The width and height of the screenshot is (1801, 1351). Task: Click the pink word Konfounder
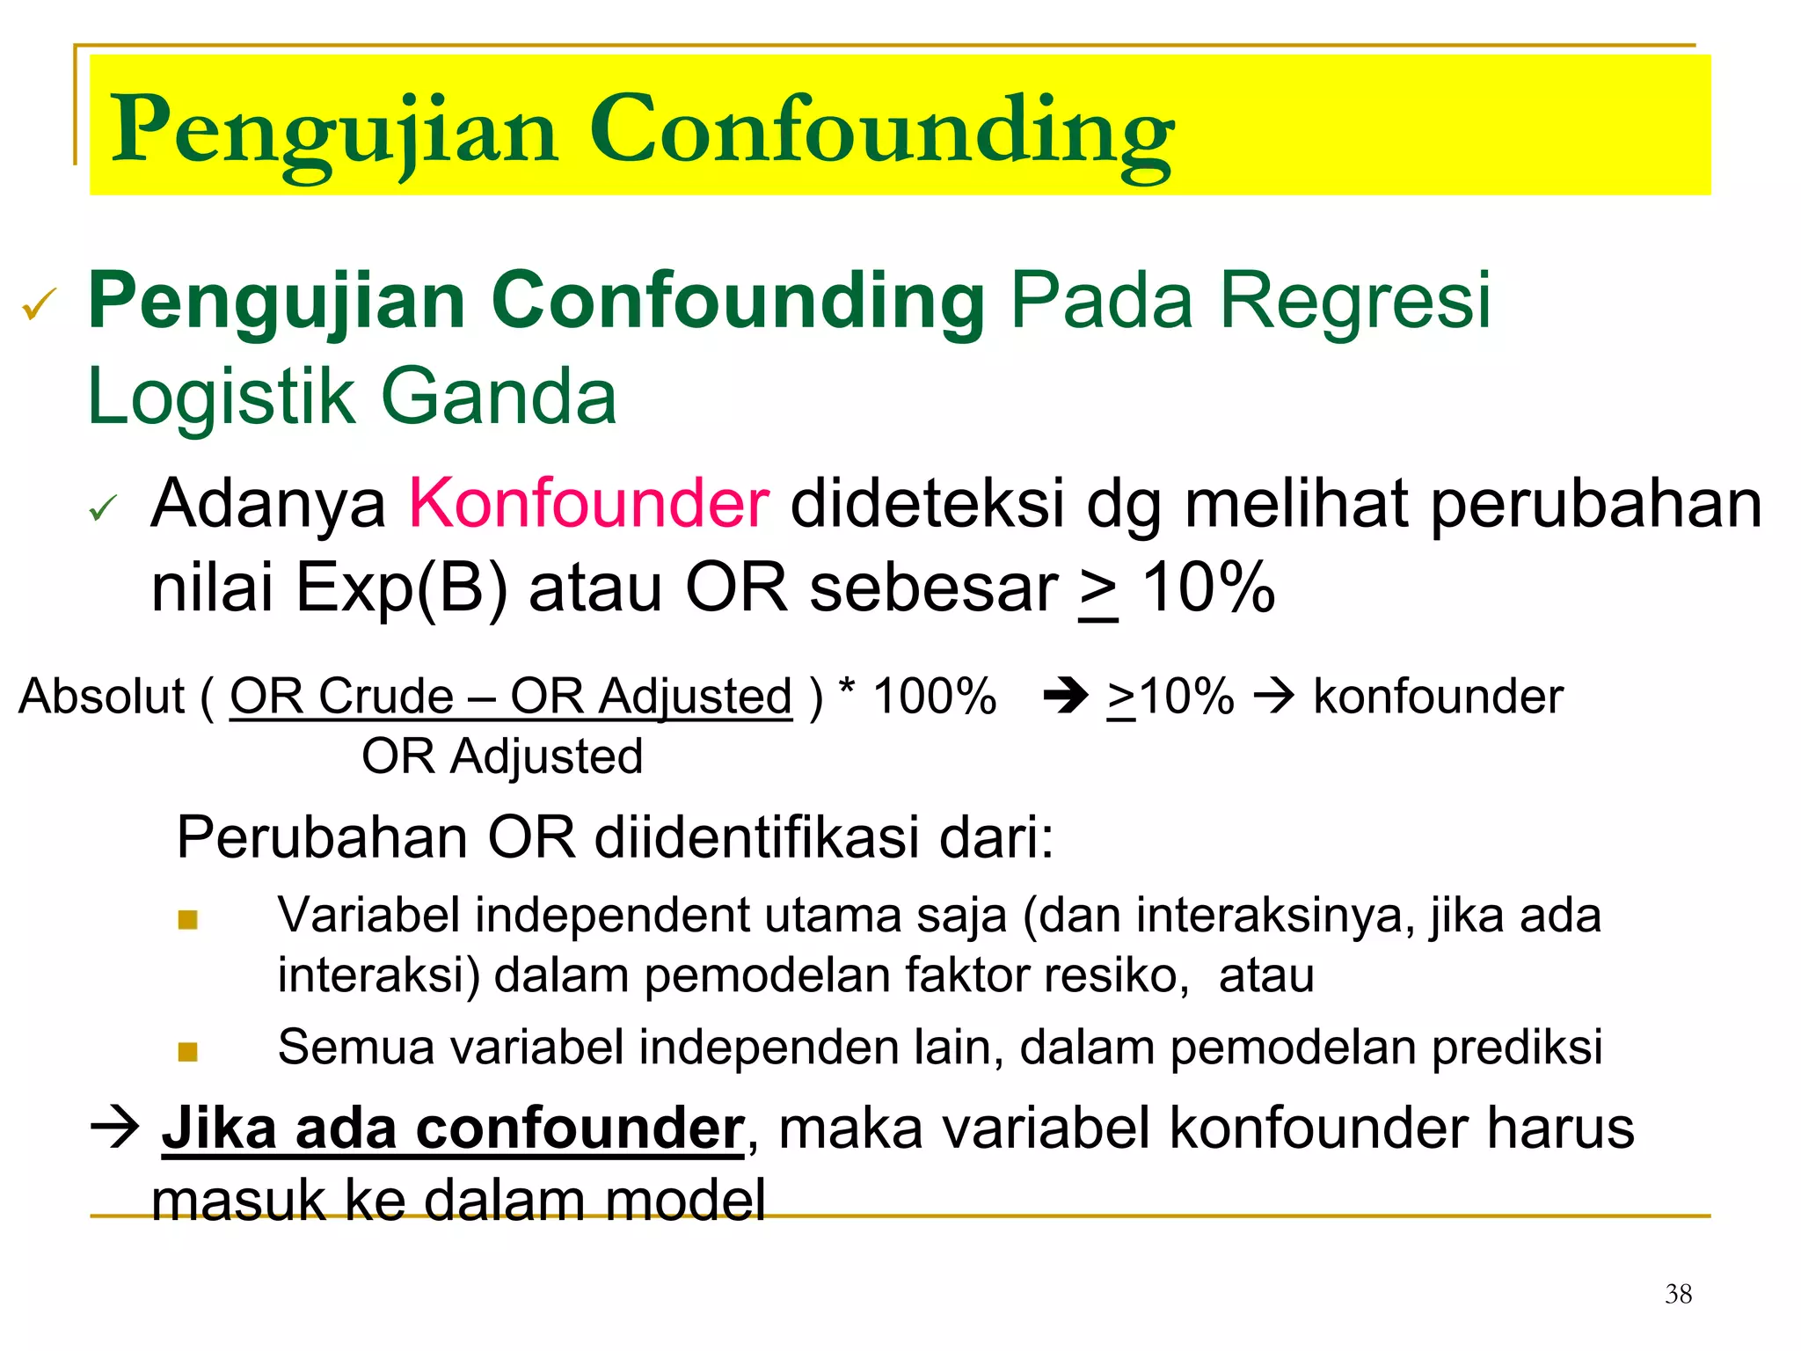(589, 504)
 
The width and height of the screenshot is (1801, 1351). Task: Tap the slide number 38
(1678, 1294)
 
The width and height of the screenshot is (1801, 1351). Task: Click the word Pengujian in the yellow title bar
(334, 132)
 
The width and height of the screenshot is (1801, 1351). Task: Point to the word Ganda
(499, 397)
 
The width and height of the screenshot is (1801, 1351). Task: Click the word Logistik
(220, 397)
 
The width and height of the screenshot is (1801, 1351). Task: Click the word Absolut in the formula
(102, 697)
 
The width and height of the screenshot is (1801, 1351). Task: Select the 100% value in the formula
(934, 697)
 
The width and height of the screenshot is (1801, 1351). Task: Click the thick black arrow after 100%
(1065, 697)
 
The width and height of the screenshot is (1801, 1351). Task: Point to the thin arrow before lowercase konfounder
(1273, 697)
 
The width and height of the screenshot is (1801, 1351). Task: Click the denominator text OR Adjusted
(502, 756)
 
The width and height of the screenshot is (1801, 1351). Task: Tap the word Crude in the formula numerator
(385, 697)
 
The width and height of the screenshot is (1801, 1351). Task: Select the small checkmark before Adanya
(103, 508)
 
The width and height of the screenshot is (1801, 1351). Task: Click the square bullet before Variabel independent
(187, 920)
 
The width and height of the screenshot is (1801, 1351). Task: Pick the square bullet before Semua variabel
(187, 1052)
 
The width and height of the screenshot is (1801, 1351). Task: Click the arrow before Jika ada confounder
(115, 1127)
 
